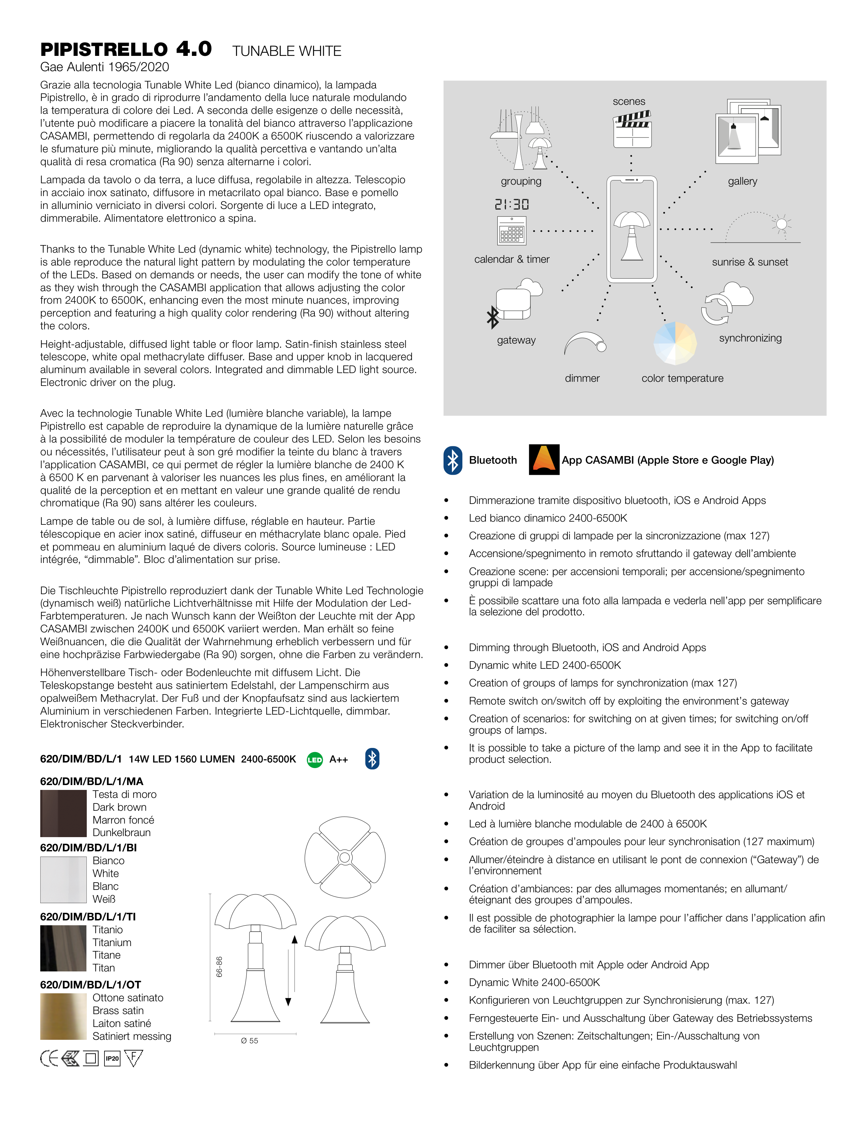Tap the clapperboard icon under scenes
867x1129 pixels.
(632, 129)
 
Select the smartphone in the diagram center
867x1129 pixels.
(632, 229)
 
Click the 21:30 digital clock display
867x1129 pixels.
(512, 204)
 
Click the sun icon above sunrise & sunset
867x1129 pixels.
(781, 224)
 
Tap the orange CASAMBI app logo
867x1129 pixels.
(544, 459)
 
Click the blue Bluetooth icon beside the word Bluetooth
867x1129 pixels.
(453, 460)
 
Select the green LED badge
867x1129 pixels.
(314, 759)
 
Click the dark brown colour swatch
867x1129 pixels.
(63, 813)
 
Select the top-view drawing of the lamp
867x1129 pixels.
(345, 858)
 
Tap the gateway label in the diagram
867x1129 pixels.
(516, 340)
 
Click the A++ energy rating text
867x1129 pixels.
(338, 759)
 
